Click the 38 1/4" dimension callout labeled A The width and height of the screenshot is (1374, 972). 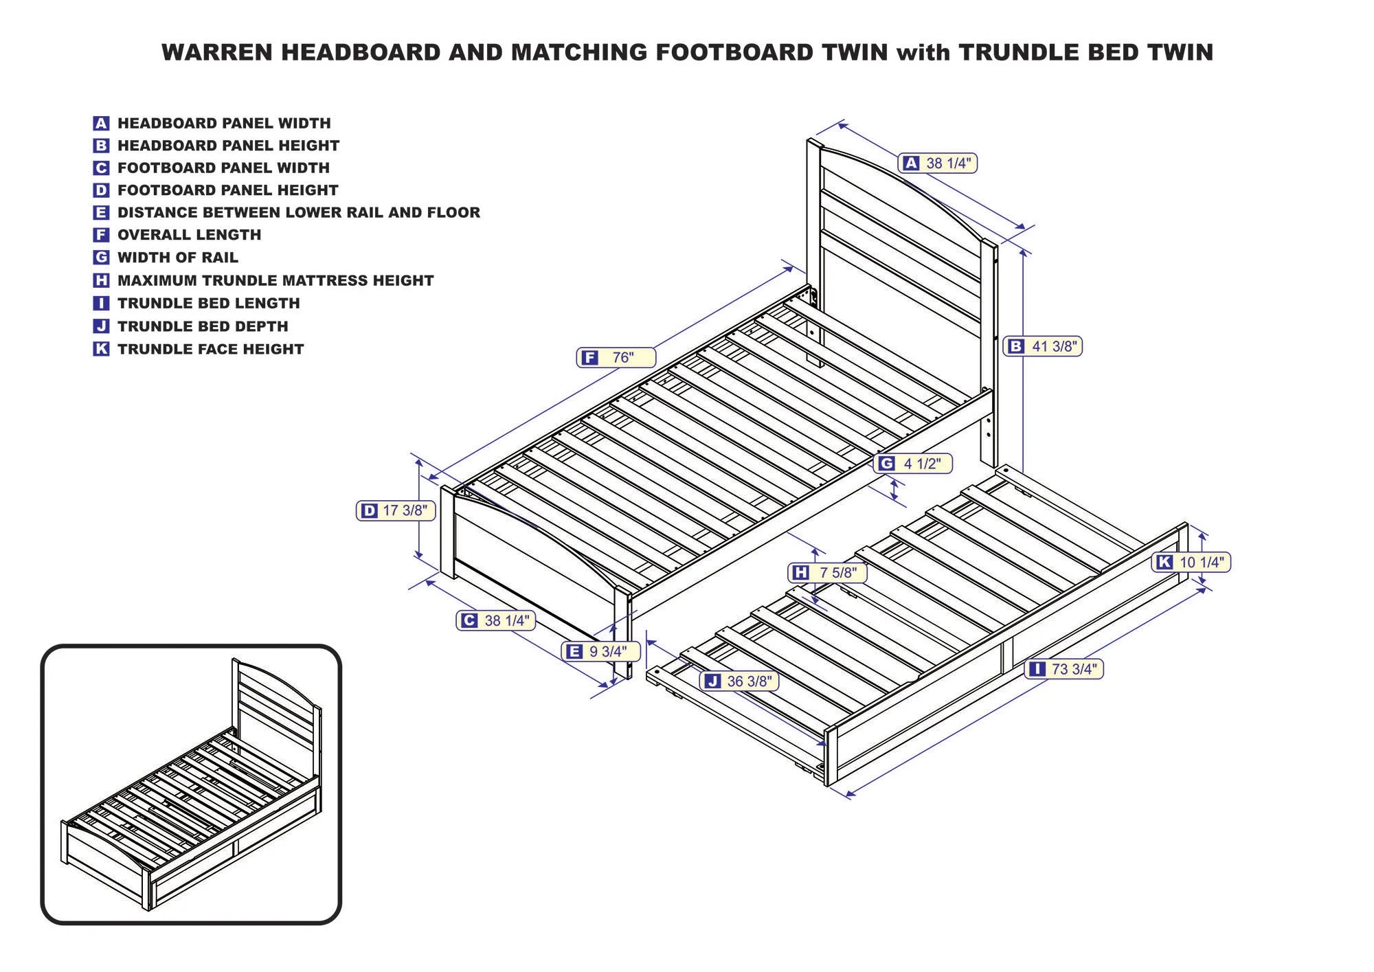coord(937,163)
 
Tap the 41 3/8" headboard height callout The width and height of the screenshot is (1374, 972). coord(1042,346)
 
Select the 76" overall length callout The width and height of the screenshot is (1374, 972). coord(616,358)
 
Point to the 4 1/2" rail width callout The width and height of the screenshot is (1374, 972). coord(913,464)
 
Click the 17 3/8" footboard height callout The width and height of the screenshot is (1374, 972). coord(396,510)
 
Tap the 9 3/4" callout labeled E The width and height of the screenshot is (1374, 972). coord(600,651)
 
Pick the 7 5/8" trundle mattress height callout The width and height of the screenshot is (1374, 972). coord(827,572)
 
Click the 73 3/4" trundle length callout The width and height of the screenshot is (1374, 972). coord(1063,668)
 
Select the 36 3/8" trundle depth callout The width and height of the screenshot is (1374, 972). coord(739,681)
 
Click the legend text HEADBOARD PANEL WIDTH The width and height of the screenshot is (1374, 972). coord(224,124)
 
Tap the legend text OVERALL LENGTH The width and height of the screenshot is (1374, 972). coord(189,235)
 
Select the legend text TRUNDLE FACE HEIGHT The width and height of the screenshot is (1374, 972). coord(210,349)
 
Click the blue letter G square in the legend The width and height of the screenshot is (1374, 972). coord(101,258)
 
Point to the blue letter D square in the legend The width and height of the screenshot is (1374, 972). coord(101,190)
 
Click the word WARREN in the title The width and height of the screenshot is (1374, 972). coord(217,53)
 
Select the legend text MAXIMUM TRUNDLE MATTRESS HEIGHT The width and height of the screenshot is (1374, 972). coord(275,280)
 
